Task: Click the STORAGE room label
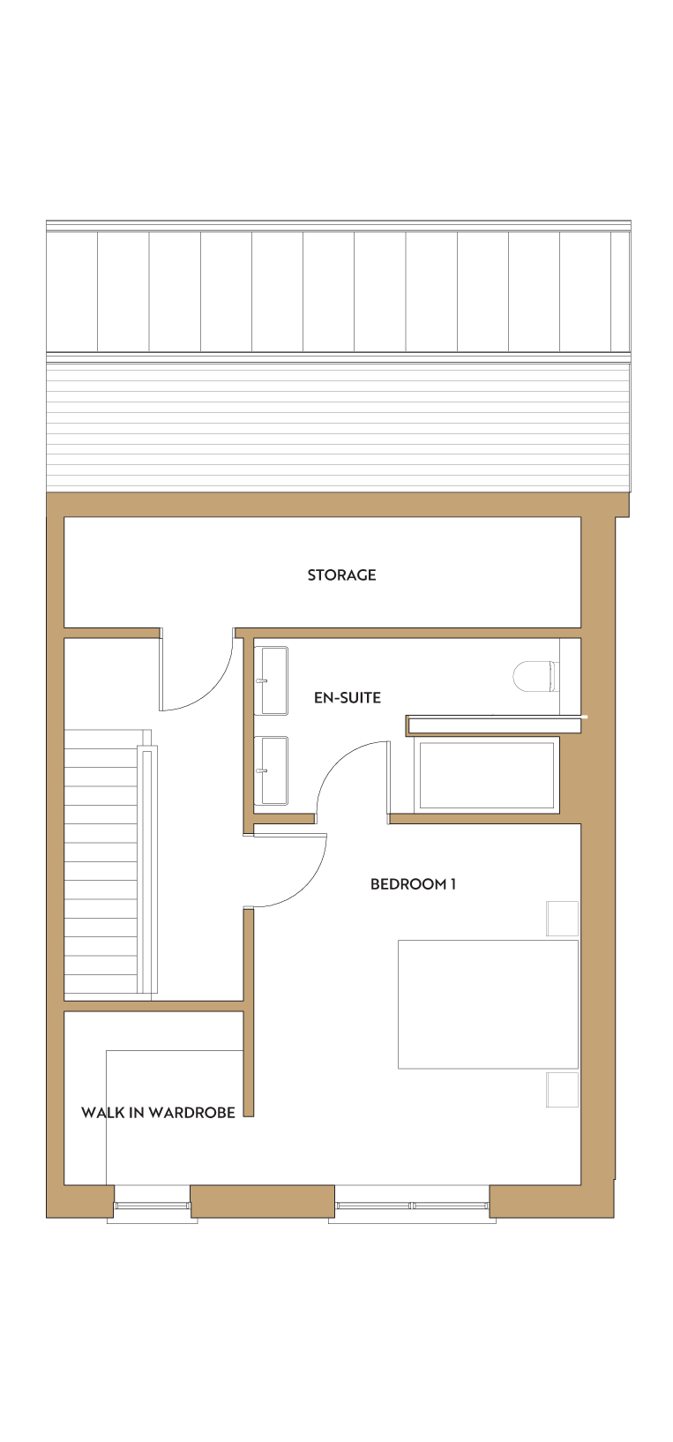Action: tap(341, 575)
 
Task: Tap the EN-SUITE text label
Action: tap(348, 697)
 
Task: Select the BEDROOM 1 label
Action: tap(413, 884)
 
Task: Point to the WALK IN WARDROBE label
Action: tap(158, 1113)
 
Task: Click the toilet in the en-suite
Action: tap(534, 676)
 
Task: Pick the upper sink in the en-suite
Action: tap(271, 680)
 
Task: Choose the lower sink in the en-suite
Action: tap(271, 770)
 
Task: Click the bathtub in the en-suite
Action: tap(486, 775)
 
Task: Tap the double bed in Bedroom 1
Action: tap(488, 1004)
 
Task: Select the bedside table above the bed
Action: tap(563, 919)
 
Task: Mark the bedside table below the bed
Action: tap(563, 1090)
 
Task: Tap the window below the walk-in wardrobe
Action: tap(152, 1205)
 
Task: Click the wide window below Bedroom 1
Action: tap(412, 1205)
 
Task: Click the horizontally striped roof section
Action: tap(339, 424)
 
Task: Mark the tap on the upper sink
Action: tap(261, 680)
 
